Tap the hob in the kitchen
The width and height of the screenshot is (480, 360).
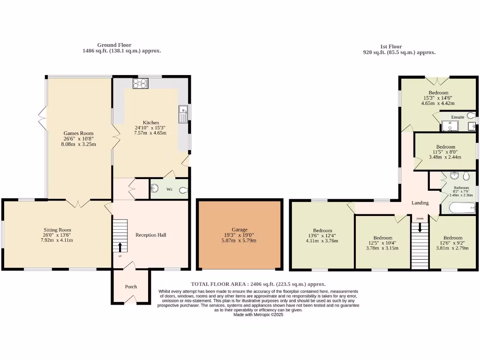(140, 83)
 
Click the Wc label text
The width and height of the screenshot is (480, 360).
(170, 189)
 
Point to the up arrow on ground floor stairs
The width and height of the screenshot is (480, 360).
(120, 247)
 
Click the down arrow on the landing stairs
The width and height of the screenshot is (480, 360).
(420, 227)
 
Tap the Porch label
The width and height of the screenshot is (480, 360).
(131, 286)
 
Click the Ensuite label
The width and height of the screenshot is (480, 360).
(457, 117)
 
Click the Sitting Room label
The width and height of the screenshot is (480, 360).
(57, 230)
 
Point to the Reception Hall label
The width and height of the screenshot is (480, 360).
(150, 235)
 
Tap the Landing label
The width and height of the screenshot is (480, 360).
(420, 203)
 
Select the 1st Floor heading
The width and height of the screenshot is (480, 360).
(390, 46)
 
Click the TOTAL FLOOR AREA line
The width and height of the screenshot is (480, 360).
(258, 284)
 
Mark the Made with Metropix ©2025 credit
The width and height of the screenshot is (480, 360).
(258, 315)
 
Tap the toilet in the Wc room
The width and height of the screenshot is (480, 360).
(183, 190)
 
